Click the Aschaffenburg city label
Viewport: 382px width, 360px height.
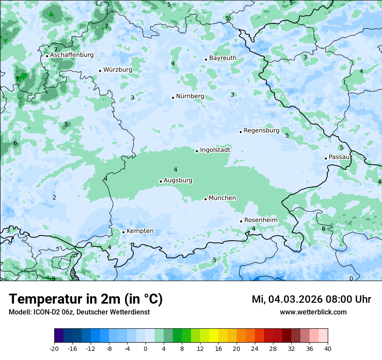(x=72, y=55)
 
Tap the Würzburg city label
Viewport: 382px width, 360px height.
(x=118, y=70)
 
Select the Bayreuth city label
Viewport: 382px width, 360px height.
(x=223, y=58)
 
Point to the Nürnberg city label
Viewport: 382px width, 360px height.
(x=190, y=96)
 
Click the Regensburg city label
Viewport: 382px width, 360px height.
(x=261, y=131)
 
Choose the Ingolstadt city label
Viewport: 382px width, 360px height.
(x=215, y=150)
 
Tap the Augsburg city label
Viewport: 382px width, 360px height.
(x=178, y=180)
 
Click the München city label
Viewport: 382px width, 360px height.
(x=222, y=198)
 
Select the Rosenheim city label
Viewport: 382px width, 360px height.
(x=260, y=220)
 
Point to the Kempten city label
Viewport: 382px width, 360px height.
(x=140, y=231)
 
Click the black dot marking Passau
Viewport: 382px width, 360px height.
(x=326, y=158)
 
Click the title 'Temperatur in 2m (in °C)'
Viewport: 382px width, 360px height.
(x=86, y=299)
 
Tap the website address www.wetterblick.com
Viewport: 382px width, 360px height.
(x=313, y=312)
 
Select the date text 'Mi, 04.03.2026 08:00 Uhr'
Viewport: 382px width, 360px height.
(x=311, y=300)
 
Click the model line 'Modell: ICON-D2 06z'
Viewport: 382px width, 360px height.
(x=79, y=312)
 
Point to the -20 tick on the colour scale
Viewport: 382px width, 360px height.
(x=54, y=349)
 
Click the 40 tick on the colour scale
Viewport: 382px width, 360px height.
(x=328, y=349)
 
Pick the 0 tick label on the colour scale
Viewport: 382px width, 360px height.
(x=145, y=349)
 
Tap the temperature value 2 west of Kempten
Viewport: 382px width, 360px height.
(x=54, y=198)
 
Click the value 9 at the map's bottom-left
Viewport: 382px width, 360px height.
(x=53, y=278)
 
